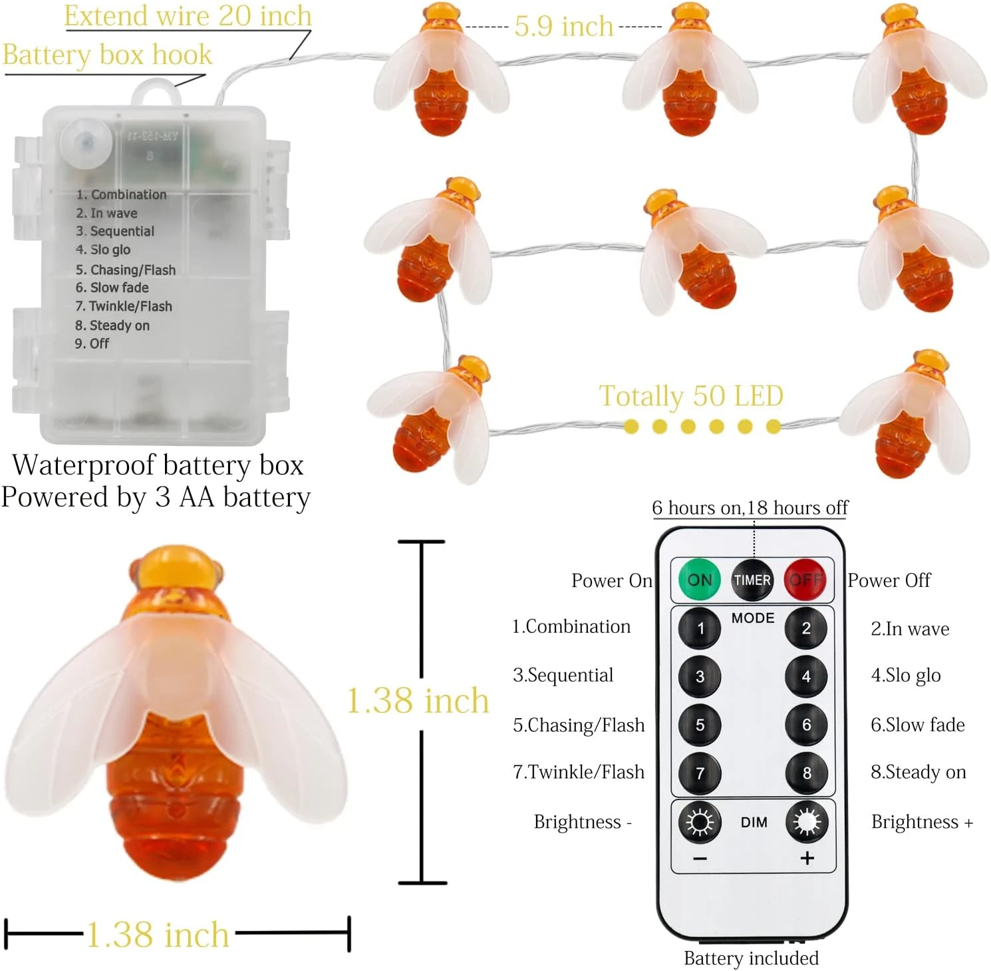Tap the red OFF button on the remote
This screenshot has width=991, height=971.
coord(805,580)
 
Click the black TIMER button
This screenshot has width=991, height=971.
coord(752,580)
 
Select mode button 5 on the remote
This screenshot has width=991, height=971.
coord(700,725)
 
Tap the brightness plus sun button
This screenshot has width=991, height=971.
coord(807,822)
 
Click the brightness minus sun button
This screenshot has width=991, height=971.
coord(700,822)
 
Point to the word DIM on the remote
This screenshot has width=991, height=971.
coord(754,823)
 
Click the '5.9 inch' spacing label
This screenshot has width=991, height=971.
coord(563,27)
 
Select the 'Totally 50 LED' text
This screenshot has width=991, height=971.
coord(691,396)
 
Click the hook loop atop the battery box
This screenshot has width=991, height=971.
coord(156,93)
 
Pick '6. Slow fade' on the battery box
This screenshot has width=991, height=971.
coord(112,288)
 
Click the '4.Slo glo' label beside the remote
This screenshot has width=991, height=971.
coord(905,676)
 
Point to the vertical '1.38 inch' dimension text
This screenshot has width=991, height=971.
coord(418,701)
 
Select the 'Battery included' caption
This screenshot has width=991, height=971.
coord(751,958)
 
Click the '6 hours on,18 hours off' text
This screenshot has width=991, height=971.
coord(750,508)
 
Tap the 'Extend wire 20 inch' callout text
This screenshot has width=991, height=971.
coord(188,16)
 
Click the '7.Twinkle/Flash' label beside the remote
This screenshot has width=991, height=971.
coord(578,772)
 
